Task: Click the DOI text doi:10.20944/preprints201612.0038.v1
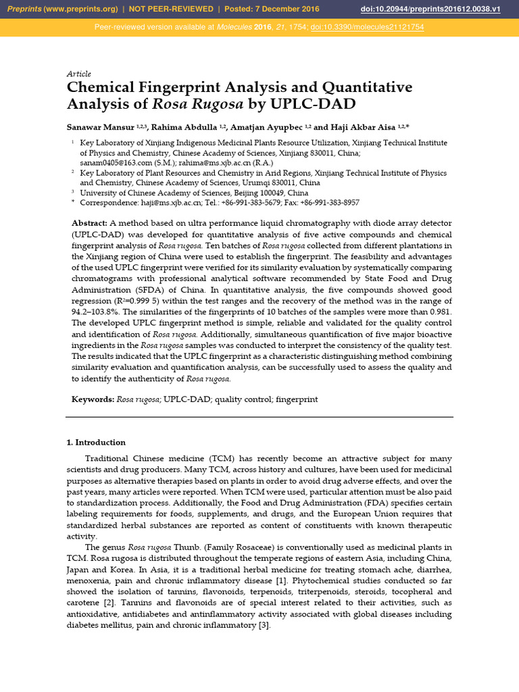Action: click(440, 9)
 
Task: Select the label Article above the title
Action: click(78, 74)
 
